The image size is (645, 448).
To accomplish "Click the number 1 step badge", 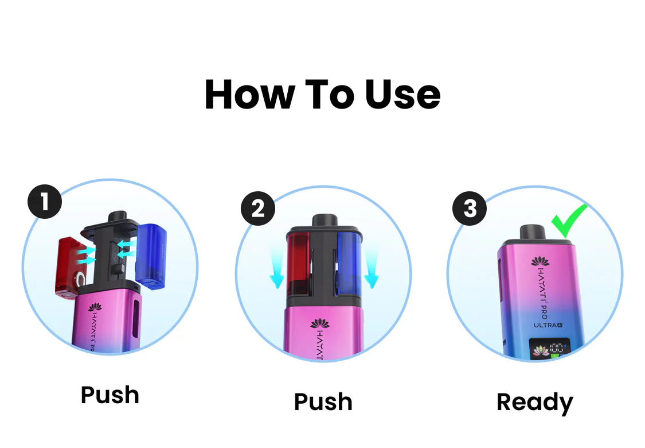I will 44,202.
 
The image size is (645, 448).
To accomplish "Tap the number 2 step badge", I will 258,208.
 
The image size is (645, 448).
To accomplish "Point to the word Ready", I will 534,403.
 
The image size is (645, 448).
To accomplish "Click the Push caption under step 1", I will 110,395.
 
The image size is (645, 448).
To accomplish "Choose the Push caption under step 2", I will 323,402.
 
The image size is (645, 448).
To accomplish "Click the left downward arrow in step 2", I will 277,267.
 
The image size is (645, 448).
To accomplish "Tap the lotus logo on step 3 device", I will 540,262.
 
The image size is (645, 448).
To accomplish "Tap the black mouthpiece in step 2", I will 324,221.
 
